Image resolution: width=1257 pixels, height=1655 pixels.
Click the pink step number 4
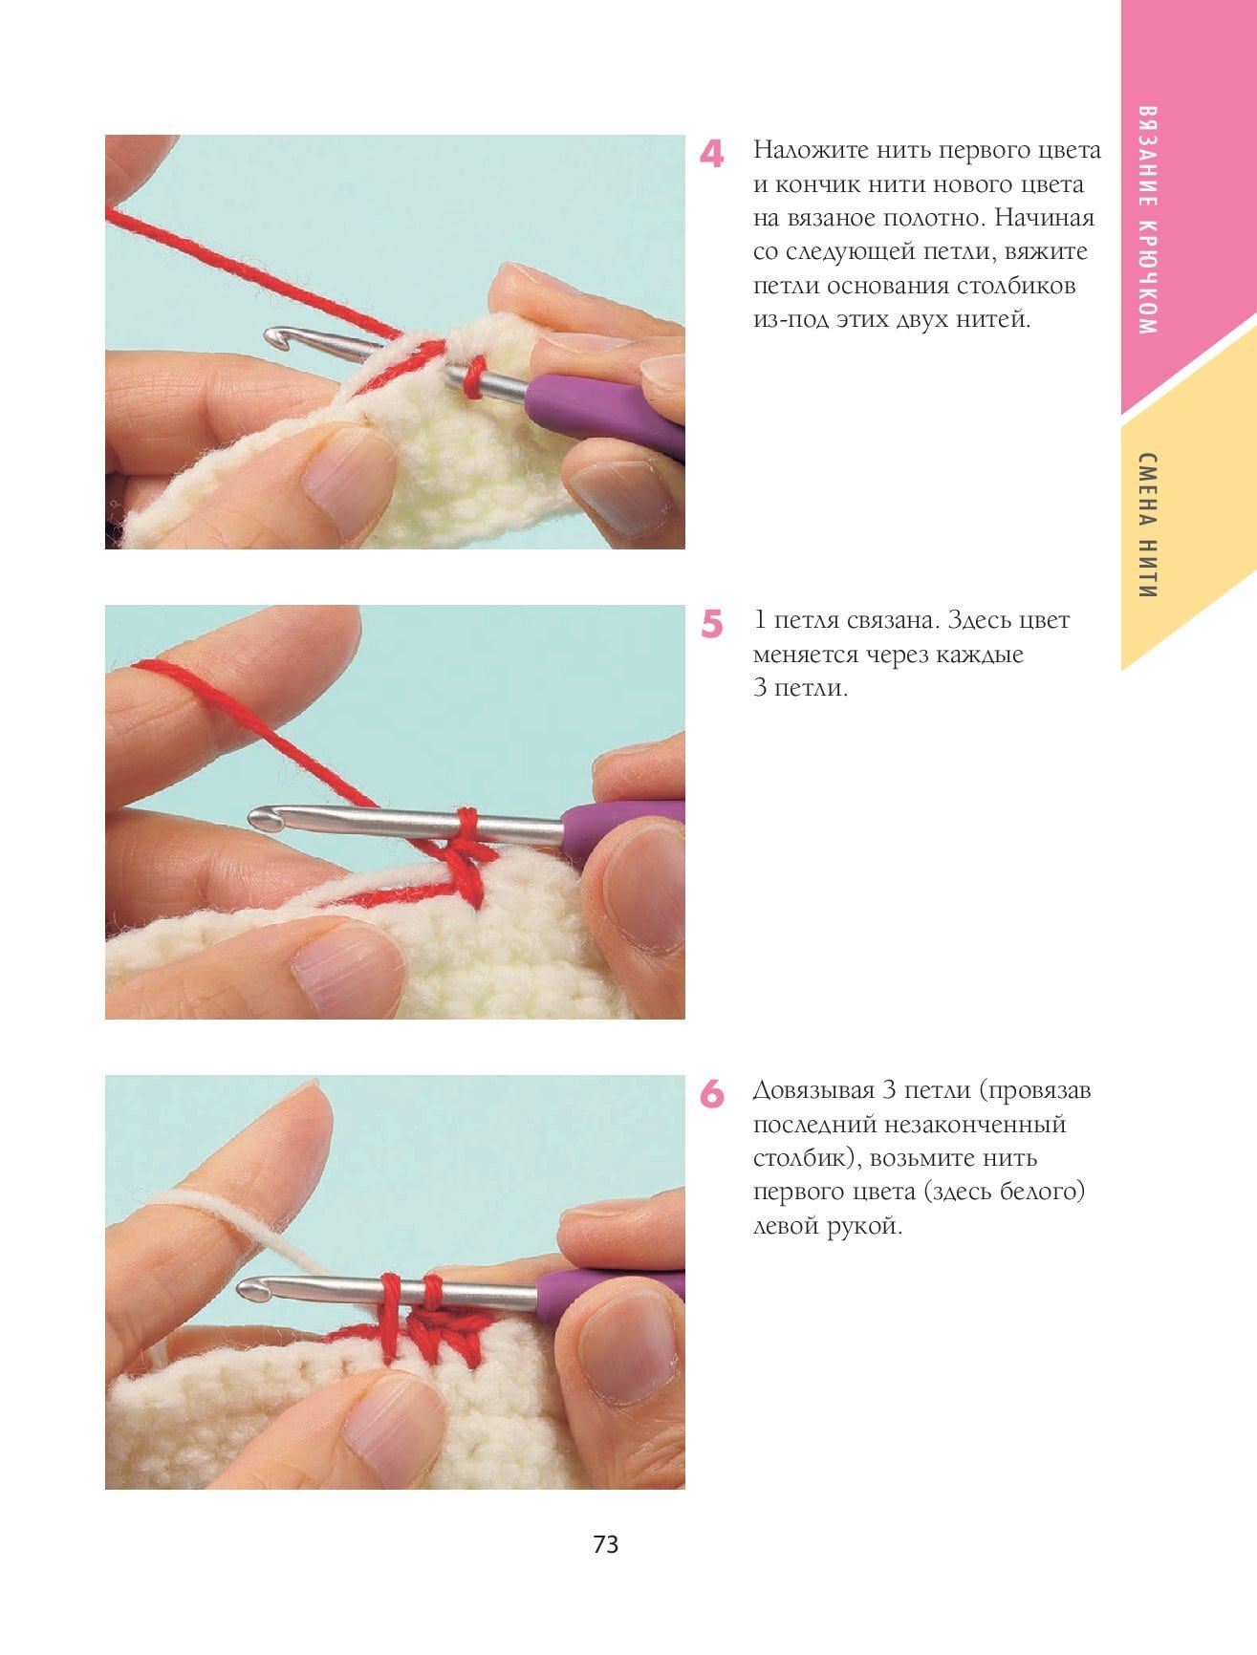pyautogui.click(x=711, y=155)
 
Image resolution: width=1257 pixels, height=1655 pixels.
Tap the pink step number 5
pyautogui.click(x=712, y=625)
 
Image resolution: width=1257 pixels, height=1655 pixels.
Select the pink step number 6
pyautogui.click(x=712, y=1095)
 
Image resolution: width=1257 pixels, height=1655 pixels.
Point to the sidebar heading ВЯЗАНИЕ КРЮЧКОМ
pyautogui.click(x=1148, y=219)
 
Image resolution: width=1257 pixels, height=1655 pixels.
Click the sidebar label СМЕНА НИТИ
pyautogui.click(x=1148, y=525)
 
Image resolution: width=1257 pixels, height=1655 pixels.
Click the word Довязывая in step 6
pyautogui.click(x=813, y=1091)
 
